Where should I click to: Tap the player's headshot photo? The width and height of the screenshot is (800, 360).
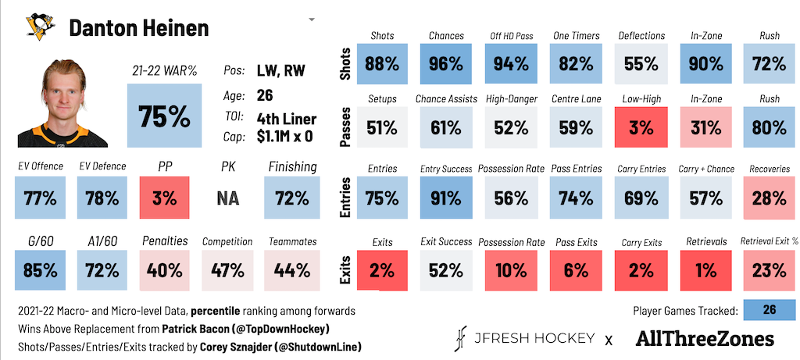coord(62,103)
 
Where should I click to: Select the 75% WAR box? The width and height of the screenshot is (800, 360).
coord(164,116)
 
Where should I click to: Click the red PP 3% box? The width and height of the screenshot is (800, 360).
coord(164,198)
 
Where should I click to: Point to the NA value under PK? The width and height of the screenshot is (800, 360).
coord(227,198)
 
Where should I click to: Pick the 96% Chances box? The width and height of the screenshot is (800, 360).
coord(446,64)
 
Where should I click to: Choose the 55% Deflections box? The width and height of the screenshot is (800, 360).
coord(641,64)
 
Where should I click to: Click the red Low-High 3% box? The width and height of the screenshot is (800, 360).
coord(641,127)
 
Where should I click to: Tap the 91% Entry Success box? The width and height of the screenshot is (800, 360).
coord(446,198)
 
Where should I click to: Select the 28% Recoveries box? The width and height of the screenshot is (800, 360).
coord(769,198)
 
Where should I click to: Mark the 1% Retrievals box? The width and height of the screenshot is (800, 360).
coord(706,269)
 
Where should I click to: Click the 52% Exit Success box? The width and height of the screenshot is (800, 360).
coord(446,269)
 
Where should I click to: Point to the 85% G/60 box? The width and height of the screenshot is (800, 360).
coord(40,269)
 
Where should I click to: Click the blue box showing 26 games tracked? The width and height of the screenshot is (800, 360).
coord(770,311)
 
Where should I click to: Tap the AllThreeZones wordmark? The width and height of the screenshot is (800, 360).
coord(705,339)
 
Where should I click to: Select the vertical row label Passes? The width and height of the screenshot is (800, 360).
coord(346,128)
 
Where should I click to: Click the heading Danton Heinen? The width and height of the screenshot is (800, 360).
coord(139,28)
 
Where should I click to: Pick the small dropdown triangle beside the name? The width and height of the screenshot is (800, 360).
coord(312,20)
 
